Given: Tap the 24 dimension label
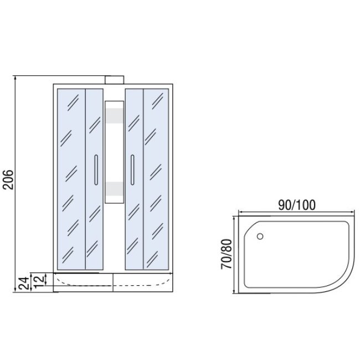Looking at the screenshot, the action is pos(24,283).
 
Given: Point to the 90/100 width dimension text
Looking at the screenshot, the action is pos(297,205).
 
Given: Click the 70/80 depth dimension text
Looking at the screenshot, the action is pos(227,254).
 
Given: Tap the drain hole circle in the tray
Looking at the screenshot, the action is pos(260,236).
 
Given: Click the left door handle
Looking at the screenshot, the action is pos(96,170).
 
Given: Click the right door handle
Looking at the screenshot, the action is pos(132,170).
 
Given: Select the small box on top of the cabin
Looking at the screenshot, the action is pos(114,80).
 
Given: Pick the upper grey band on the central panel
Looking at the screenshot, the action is pos(114,116).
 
